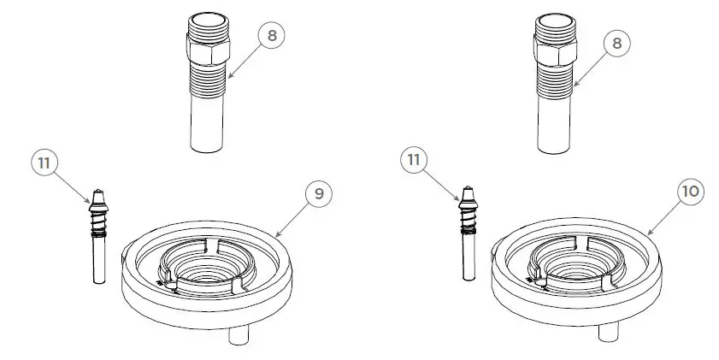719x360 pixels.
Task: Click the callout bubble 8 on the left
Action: pyautogui.click(x=271, y=36)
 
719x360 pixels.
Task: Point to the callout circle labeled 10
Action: pyautogui.click(x=691, y=192)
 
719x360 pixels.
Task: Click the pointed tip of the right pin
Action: pyautogui.click(x=468, y=190)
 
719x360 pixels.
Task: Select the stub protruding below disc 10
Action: pyautogui.click(x=609, y=333)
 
